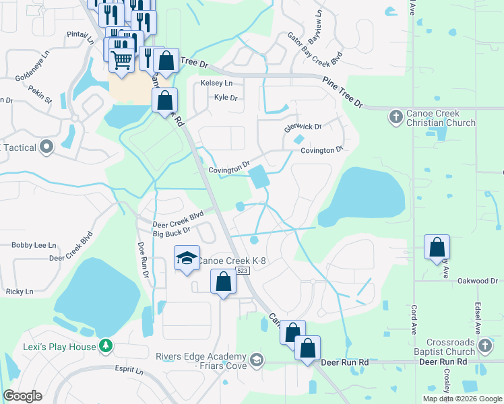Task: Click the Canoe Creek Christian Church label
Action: point(441,118)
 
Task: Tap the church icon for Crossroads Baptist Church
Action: point(484,347)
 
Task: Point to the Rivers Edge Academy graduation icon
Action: point(255,361)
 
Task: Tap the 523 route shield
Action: point(243,270)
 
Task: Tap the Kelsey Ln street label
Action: point(216,83)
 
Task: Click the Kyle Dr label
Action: point(226,98)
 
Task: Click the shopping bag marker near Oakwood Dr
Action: point(437,246)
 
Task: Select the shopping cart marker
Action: point(122,59)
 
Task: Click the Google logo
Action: point(22,396)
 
